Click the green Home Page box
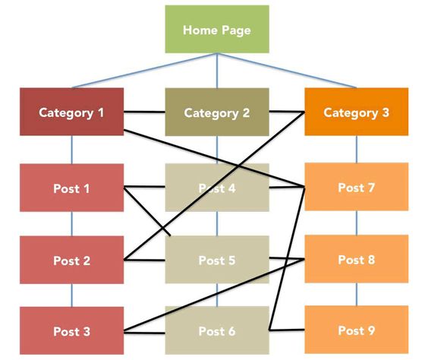(216, 30)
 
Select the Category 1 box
(71, 112)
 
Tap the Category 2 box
(216, 112)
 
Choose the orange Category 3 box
(356, 112)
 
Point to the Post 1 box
(71, 188)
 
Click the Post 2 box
(71, 260)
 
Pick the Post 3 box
(71, 330)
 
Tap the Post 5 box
(216, 260)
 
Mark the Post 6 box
(216, 330)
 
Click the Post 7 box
(356, 187)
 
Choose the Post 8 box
(356, 259)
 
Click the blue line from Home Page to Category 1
(144, 71)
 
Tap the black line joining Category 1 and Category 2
(144, 114)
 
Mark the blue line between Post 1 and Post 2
(72, 224)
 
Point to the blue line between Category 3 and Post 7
(357, 149)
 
